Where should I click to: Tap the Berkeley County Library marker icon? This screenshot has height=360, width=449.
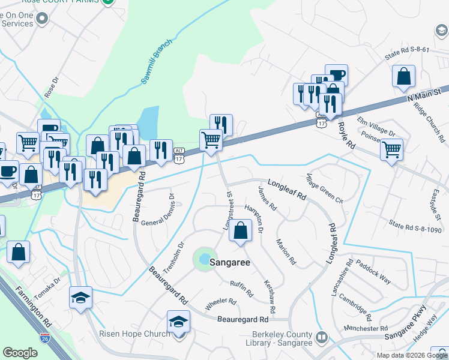point(322,338)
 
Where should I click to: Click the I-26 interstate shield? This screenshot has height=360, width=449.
point(44,338)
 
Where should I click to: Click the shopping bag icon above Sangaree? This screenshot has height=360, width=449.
point(241,231)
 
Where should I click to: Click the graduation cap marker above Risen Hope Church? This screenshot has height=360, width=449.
point(178,322)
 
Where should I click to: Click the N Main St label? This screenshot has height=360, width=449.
point(423,95)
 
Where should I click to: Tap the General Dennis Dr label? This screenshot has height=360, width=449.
point(157,210)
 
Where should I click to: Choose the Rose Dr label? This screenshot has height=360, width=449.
point(52,87)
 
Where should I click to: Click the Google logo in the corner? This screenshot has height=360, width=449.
point(20,353)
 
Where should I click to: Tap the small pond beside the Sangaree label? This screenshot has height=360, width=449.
point(205,259)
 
